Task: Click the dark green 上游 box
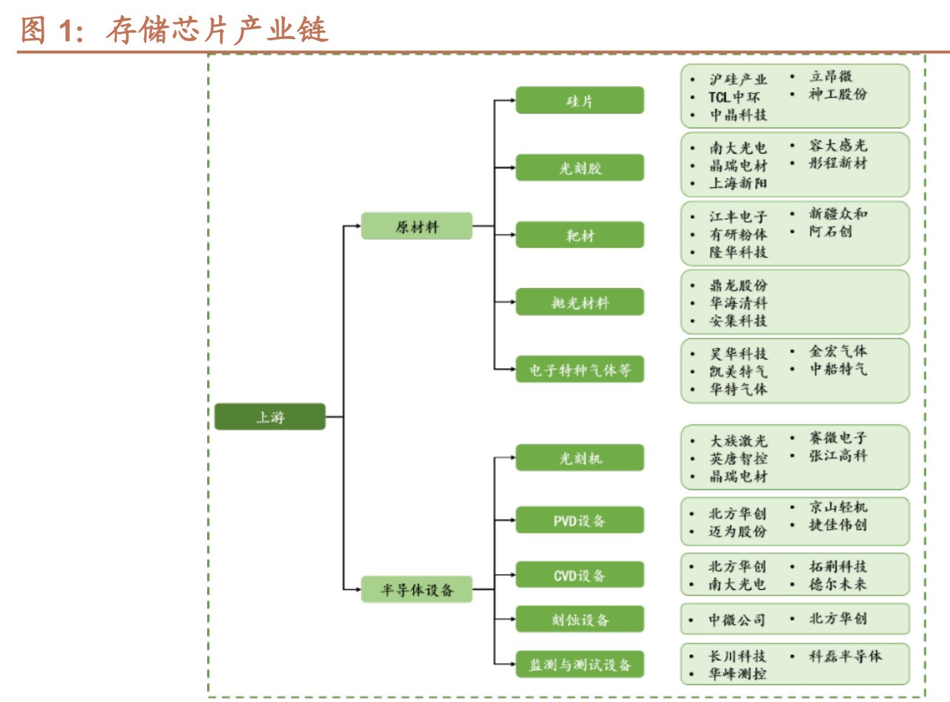(x=270, y=416)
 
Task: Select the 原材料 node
(x=416, y=226)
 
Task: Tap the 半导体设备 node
(x=416, y=590)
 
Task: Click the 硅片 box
(x=580, y=101)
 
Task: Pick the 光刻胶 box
(x=580, y=168)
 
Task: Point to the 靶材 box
(x=580, y=235)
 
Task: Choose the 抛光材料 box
(x=580, y=302)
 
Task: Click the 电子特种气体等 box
(x=580, y=369)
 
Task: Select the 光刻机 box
(x=580, y=458)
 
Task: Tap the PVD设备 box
(x=580, y=520)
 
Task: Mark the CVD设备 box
(x=580, y=575)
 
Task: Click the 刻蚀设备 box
(x=580, y=619)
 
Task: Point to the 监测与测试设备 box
(x=580, y=664)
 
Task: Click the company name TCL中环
(x=734, y=97)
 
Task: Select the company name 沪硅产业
(x=738, y=79)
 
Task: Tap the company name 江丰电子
(x=738, y=216)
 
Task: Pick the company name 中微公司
(x=737, y=619)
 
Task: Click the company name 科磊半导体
(x=845, y=656)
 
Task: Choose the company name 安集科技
(x=738, y=320)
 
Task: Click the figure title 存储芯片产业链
(x=217, y=30)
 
